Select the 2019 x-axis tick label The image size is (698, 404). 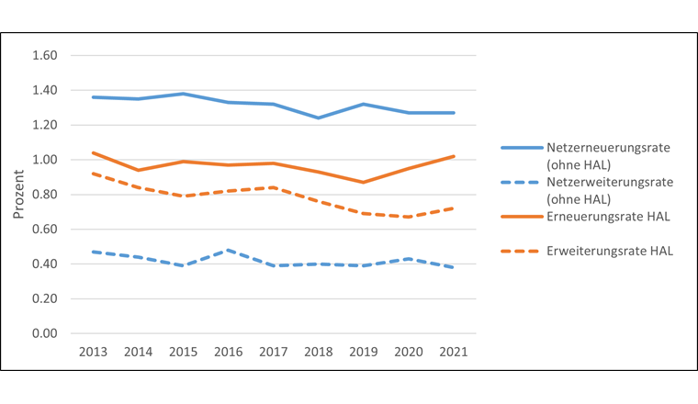coord(364,352)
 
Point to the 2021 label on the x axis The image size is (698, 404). coord(454,352)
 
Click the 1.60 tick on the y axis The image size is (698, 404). coord(45,56)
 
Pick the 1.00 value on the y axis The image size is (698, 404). coord(45,160)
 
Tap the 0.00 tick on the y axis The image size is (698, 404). coord(45,333)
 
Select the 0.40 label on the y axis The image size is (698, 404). coord(45,264)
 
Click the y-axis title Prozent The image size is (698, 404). coord(18,195)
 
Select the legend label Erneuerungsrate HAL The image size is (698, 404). coord(604,217)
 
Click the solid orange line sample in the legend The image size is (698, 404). coord(520,217)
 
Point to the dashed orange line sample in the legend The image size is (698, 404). coord(520,250)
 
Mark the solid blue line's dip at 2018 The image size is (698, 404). coord(319,118)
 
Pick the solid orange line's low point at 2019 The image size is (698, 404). coord(364,182)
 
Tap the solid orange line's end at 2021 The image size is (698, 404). coord(454,156)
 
